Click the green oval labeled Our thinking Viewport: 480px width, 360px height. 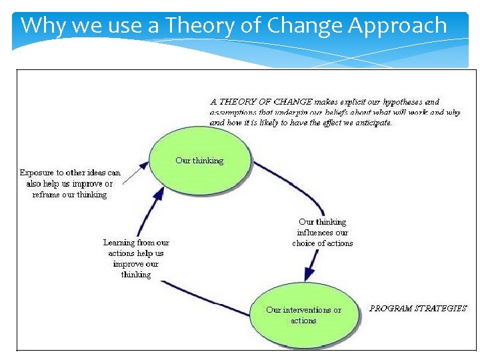[199, 161]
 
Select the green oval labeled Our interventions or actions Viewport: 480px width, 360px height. [303, 315]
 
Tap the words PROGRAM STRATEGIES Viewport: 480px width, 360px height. [418, 309]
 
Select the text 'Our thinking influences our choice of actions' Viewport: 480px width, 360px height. [323, 232]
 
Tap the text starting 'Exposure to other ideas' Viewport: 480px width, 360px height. [70, 183]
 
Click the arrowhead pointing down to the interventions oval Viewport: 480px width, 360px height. [309, 273]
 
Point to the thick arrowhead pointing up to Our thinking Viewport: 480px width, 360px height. [158, 195]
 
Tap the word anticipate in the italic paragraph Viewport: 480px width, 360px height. [371, 123]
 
